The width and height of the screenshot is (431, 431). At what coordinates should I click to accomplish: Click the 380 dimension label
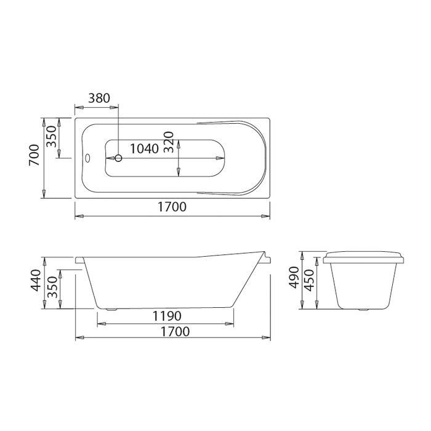pos(99,98)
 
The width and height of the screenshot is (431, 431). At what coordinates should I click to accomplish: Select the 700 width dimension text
pos(34,155)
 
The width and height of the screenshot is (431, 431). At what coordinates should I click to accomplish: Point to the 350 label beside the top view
pos(51,136)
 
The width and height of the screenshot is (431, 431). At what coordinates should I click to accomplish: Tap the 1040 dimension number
pos(144,149)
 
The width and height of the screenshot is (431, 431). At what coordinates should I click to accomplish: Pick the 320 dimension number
pos(169,142)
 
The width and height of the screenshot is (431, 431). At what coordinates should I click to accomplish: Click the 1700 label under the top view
pos(172,207)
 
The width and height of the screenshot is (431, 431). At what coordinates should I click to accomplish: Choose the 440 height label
pos(36,280)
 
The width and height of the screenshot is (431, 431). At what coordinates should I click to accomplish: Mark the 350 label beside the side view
pos(52,288)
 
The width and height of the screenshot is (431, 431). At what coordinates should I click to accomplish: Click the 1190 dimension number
pos(167,316)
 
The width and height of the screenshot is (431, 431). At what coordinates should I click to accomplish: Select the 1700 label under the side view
pos(175,331)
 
